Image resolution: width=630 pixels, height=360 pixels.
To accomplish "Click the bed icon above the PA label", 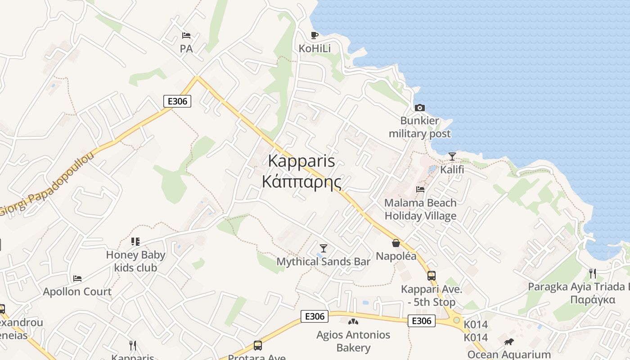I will (x=186, y=36).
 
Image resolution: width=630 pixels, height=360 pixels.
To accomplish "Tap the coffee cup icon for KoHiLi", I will (x=315, y=35).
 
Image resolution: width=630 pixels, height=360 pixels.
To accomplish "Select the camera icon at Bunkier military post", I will (x=419, y=108).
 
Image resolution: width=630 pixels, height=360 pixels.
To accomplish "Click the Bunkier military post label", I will (x=419, y=127).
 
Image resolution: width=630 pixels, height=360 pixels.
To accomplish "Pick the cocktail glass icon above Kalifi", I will (x=452, y=157).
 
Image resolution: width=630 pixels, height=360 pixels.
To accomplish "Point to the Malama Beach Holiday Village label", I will (x=420, y=209).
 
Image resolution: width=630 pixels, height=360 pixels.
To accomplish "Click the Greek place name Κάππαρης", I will (x=301, y=182).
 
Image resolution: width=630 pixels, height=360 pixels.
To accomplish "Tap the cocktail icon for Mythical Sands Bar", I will (x=323, y=248).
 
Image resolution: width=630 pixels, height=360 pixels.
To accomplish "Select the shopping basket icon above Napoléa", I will (x=396, y=243).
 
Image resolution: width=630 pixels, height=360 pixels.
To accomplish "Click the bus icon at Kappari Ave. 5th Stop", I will (x=431, y=275).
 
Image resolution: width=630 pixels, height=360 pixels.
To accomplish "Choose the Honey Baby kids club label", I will (x=135, y=261).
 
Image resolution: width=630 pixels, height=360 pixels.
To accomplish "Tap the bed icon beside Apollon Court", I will (x=77, y=279).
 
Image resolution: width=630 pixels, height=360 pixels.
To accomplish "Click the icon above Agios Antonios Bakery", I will (x=353, y=321).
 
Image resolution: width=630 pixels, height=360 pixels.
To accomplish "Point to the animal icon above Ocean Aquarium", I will (x=508, y=342).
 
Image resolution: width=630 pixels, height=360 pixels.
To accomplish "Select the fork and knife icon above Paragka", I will (x=592, y=273).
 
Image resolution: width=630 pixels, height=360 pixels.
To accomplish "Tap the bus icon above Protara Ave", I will (x=257, y=345).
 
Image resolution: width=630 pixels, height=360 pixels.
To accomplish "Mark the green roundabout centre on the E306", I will (x=457, y=320).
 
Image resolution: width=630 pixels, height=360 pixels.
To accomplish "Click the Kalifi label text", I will (x=452, y=170).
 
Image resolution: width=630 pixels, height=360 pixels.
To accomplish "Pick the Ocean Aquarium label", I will (x=509, y=354).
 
